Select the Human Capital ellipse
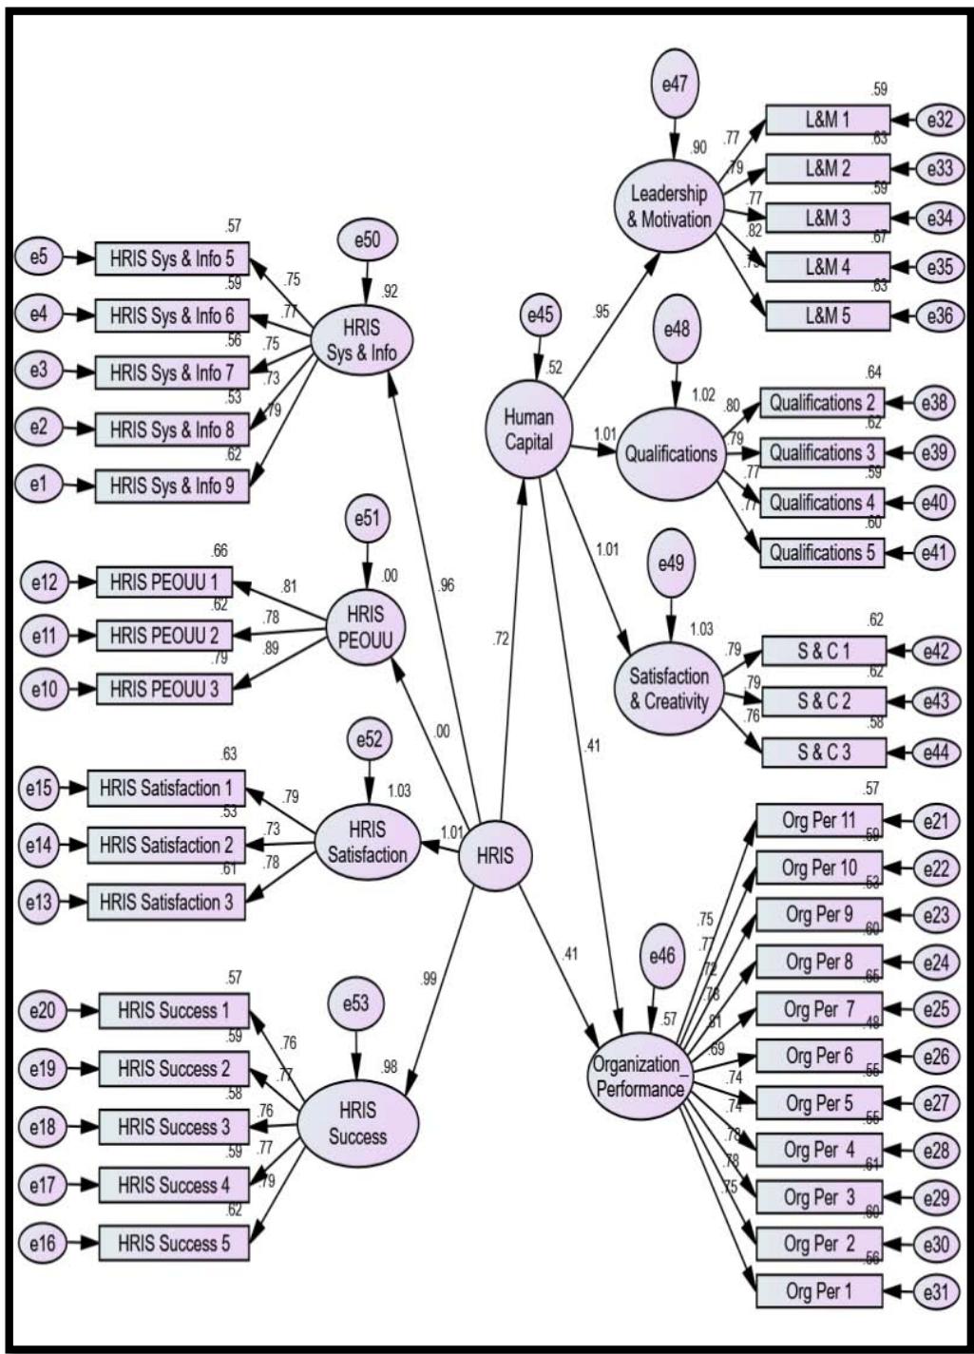click(x=528, y=429)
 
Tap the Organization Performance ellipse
click(x=640, y=1075)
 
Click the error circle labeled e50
click(x=367, y=241)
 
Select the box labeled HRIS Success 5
click(x=174, y=1243)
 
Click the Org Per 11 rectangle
click(x=819, y=821)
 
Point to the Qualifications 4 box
click(x=822, y=502)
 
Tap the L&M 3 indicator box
click(x=828, y=218)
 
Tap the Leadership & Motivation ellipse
click(x=669, y=206)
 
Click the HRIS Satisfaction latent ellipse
click(x=367, y=843)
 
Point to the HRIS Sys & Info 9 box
click(x=171, y=486)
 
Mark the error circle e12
click(x=43, y=581)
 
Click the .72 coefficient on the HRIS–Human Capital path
click(x=501, y=639)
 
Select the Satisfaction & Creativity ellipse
click(x=669, y=689)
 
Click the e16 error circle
click(x=42, y=1242)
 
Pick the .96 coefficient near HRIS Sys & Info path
click(x=446, y=585)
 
